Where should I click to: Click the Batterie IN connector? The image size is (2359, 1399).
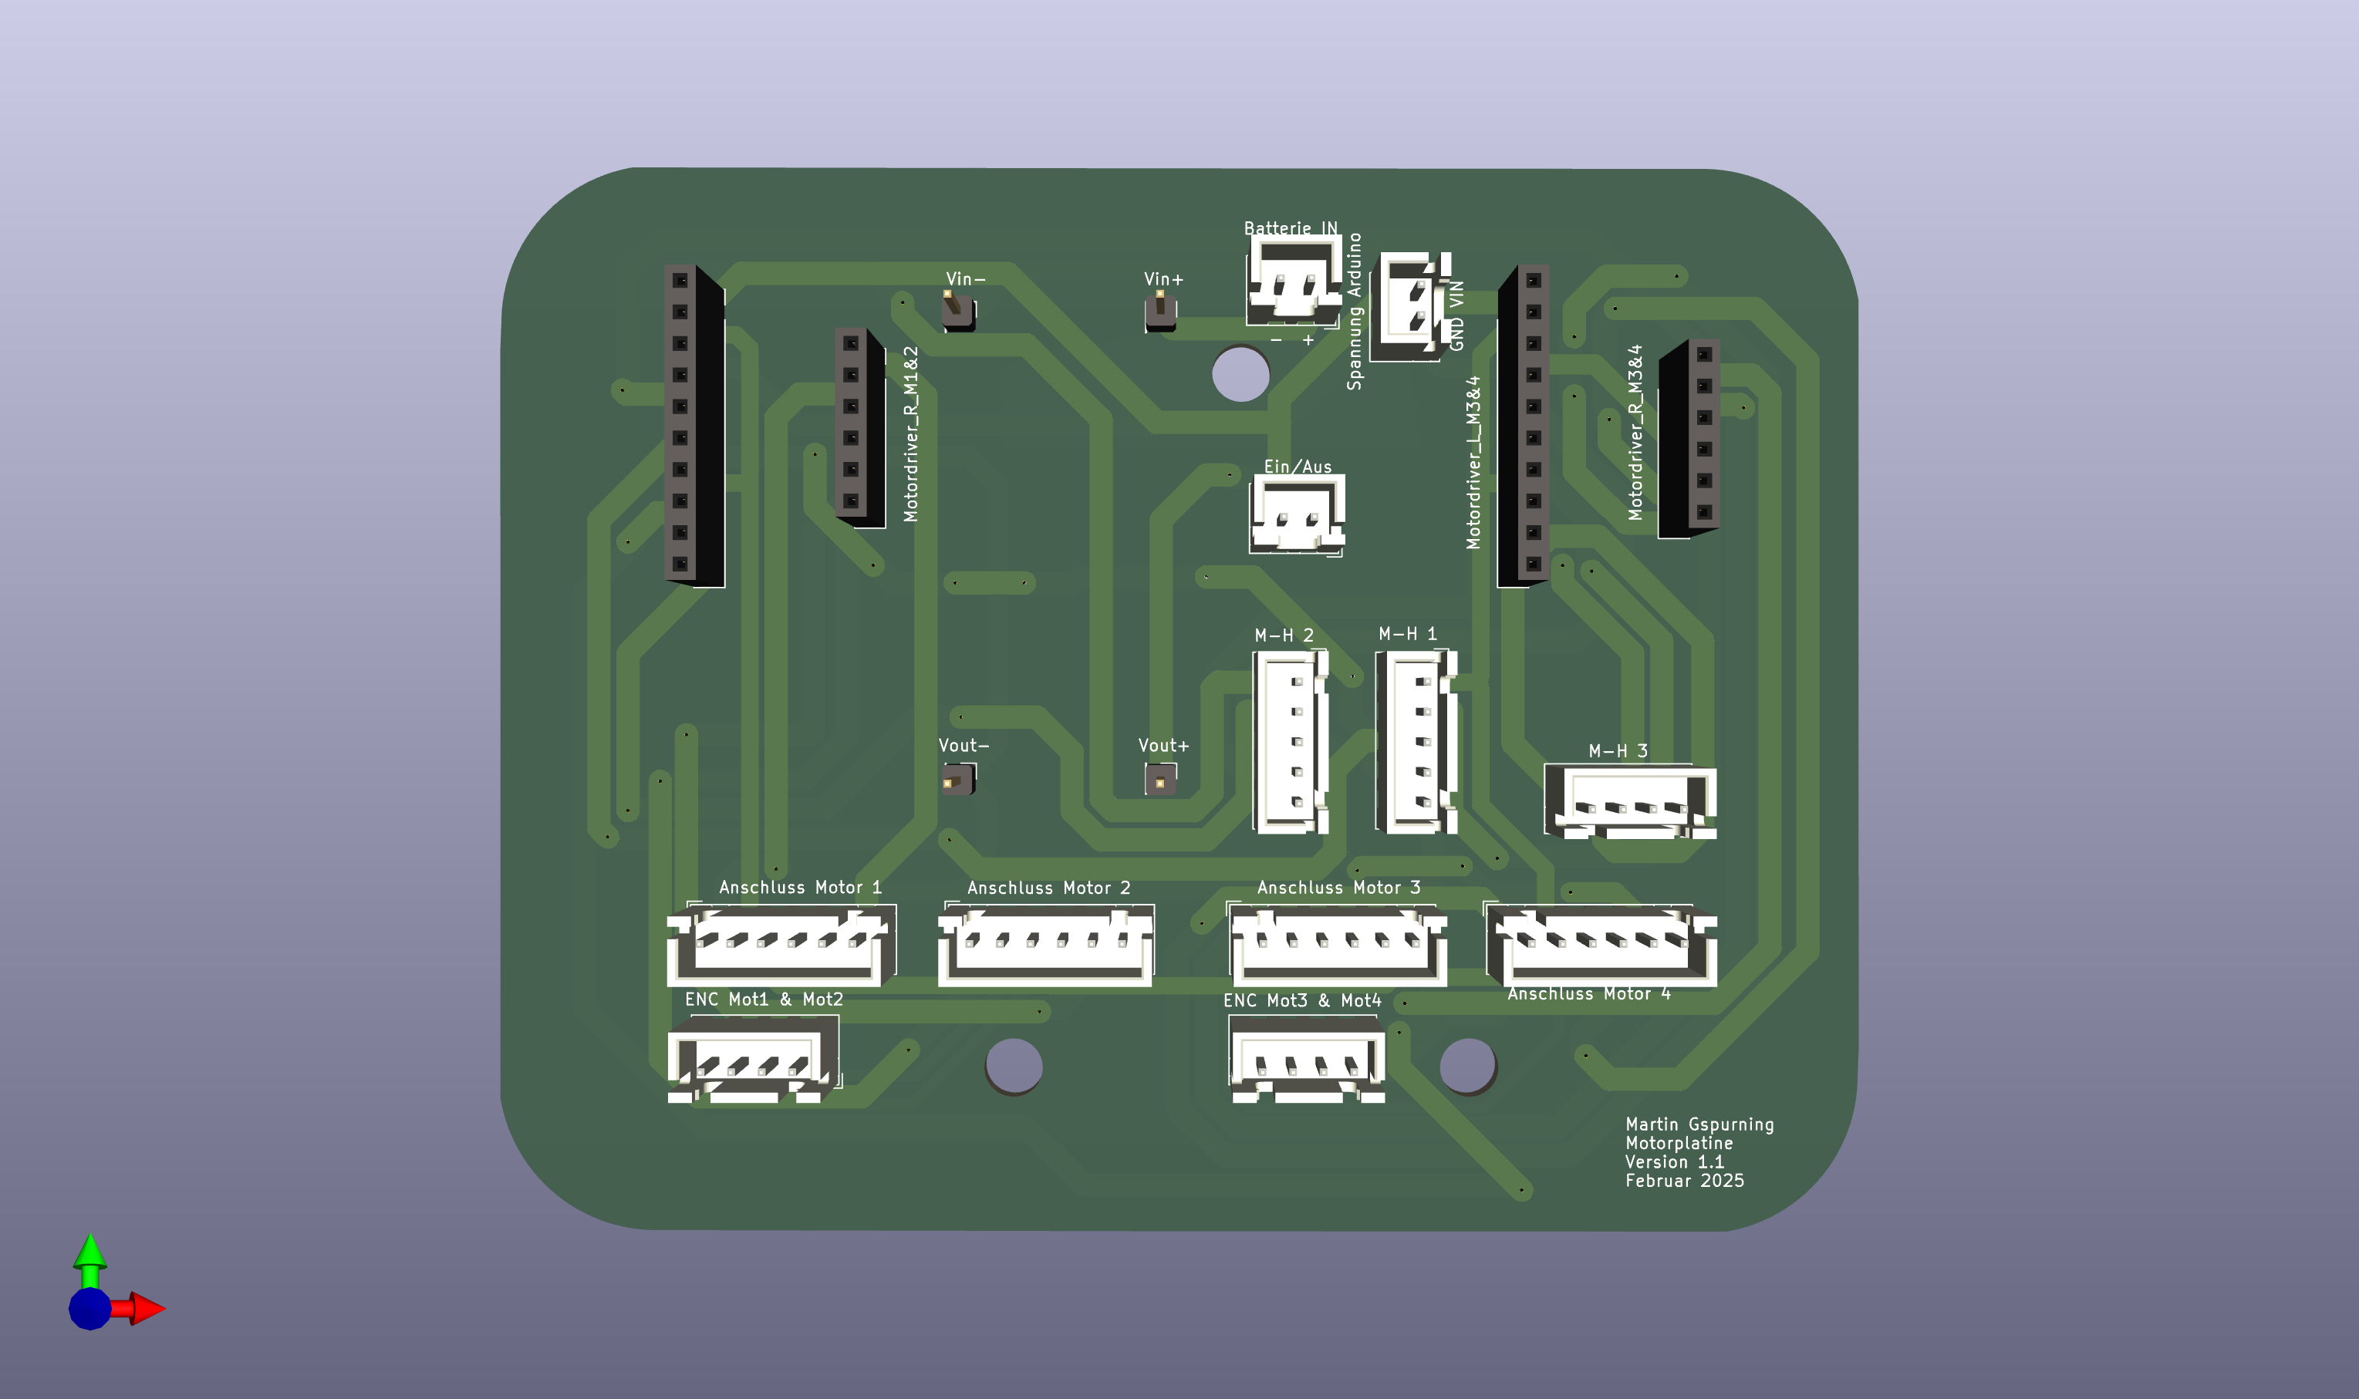(x=1294, y=279)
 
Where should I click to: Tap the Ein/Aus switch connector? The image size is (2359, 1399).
(x=1298, y=514)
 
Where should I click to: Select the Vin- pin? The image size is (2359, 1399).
(x=957, y=310)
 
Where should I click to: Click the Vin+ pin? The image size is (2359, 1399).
(x=1159, y=311)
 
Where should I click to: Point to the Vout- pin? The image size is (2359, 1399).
(x=957, y=780)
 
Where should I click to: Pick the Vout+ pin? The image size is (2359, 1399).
(x=1159, y=780)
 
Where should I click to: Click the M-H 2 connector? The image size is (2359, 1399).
(x=1291, y=742)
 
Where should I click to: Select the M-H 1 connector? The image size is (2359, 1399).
(x=1416, y=741)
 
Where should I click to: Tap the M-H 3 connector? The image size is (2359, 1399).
(x=1629, y=802)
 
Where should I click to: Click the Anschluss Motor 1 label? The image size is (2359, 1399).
(x=799, y=887)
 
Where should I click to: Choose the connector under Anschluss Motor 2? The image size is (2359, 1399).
(x=1045, y=946)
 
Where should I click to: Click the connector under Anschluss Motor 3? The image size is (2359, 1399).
(x=1338, y=946)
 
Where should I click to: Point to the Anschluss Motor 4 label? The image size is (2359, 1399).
(x=1588, y=993)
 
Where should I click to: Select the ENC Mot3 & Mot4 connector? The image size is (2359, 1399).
(x=1307, y=1064)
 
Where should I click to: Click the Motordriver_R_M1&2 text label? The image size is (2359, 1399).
(x=911, y=433)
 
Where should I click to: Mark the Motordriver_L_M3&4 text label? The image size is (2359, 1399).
(x=1473, y=463)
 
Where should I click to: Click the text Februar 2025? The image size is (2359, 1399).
(x=1684, y=1180)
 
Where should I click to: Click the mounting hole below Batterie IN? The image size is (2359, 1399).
(x=1240, y=374)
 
